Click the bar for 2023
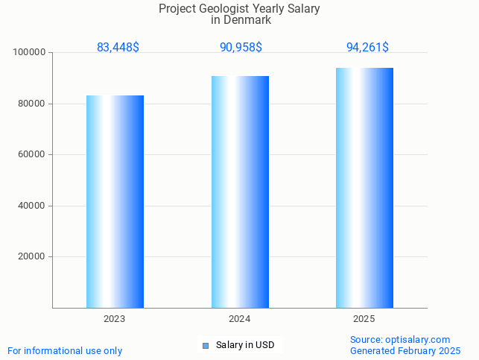[x=115, y=201]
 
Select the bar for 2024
[x=240, y=192]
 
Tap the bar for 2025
[x=364, y=188]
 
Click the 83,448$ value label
[x=118, y=47]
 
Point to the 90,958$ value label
[x=241, y=47]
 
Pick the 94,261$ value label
[x=367, y=47]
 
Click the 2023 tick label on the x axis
[x=115, y=319]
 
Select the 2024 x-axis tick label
[x=240, y=319]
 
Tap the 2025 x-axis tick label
[x=364, y=319]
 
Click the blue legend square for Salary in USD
[x=206, y=345]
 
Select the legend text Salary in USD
[x=245, y=345]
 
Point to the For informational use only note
[x=65, y=350]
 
